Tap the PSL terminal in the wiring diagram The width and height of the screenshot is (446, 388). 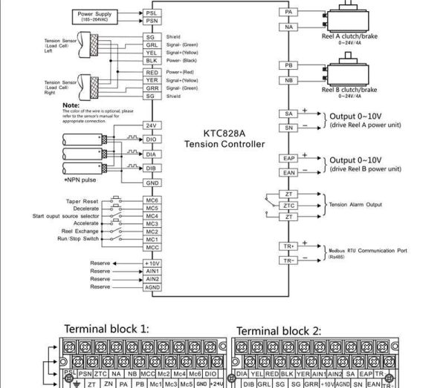(152, 13)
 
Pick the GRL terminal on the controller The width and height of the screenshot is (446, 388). (152, 45)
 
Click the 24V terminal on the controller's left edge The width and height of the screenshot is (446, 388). (152, 126)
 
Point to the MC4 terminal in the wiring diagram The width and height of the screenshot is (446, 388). (152, 215)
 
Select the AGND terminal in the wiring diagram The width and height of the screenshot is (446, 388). (152, 286)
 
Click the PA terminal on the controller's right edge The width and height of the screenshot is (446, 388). (289, 13)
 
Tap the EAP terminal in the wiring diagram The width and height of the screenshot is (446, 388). (289, 159)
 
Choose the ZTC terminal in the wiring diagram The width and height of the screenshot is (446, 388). (289, 205)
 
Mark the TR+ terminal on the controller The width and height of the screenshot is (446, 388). (289, 246)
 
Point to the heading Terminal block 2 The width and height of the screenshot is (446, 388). (279, 330)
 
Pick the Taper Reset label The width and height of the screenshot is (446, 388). (83, 200)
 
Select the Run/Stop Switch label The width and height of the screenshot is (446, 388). (80, 239)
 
